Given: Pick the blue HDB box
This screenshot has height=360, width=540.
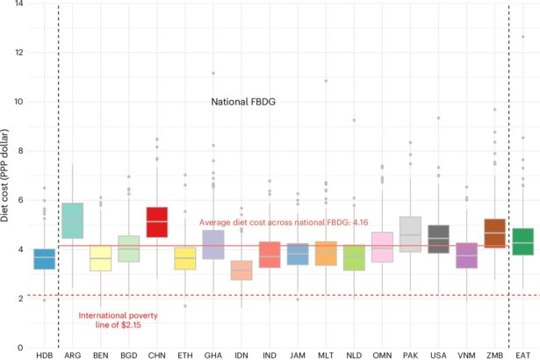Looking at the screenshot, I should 44,259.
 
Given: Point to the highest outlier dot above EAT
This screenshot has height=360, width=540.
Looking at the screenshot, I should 523,37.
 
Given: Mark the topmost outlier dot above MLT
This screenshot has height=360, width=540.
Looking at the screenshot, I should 326,81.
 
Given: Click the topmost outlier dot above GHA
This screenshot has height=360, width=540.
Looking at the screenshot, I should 213,74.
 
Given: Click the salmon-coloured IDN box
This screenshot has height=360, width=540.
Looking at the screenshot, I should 241,270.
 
